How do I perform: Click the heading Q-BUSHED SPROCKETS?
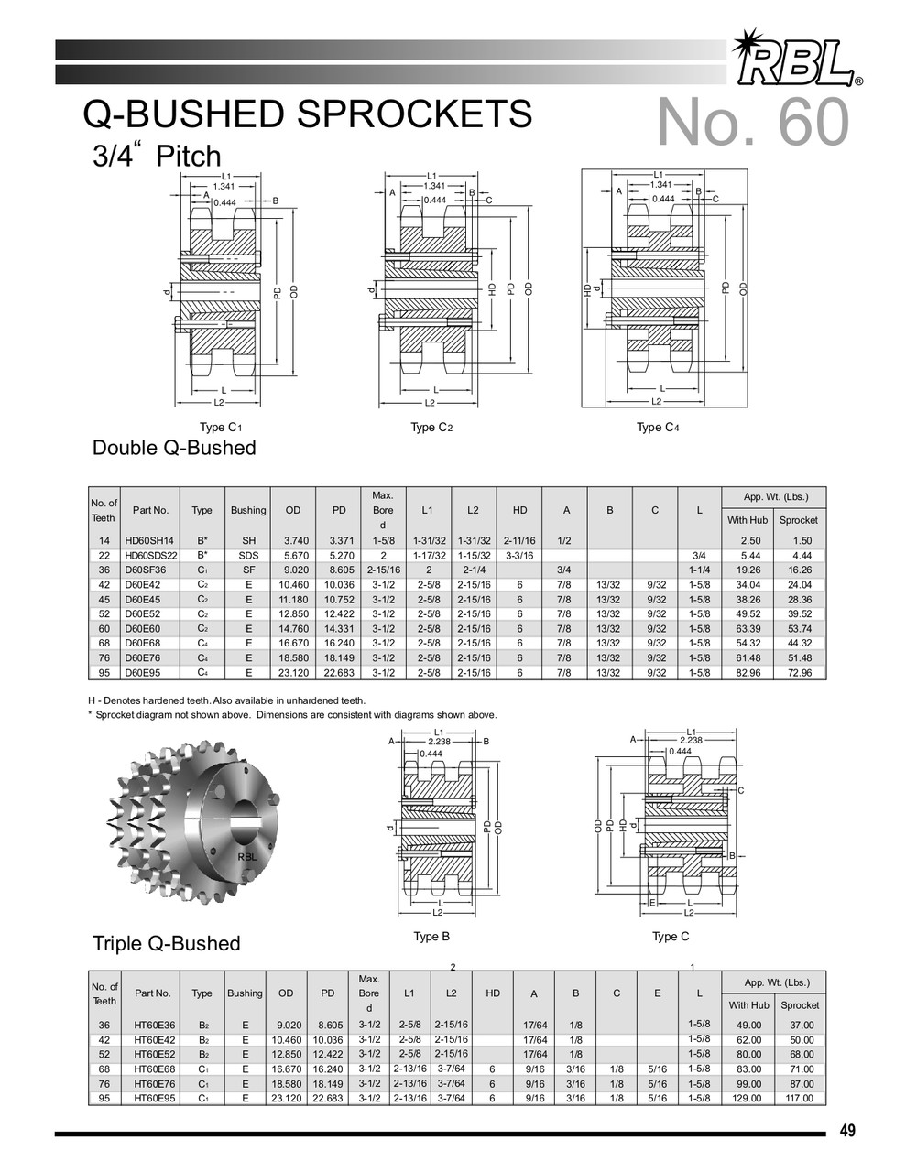307,114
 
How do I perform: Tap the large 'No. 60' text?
753,123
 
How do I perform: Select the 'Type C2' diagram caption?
431,428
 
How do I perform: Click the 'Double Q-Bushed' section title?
174,449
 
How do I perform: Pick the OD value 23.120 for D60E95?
293,672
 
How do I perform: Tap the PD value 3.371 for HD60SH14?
339,541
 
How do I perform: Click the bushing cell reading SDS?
248,556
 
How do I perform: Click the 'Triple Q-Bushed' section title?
166,944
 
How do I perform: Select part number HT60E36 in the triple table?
153,1025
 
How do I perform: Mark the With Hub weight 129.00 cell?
748,1099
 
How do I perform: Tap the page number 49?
847,1131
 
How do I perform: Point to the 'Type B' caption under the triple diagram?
431,937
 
